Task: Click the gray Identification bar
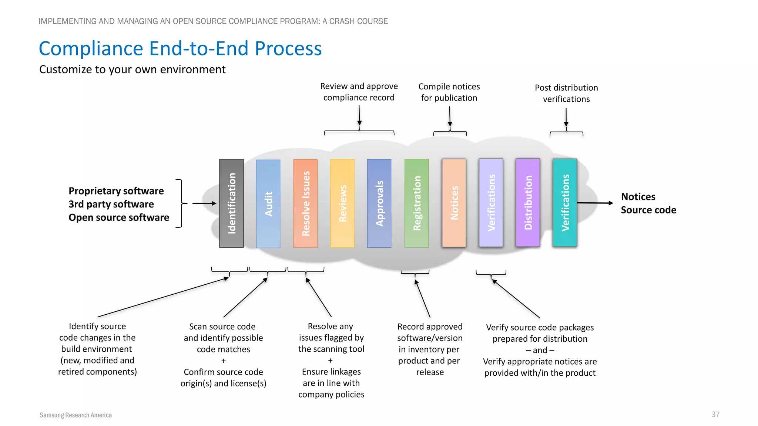(x=231, y=203)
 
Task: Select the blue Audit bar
(x=268, y=204)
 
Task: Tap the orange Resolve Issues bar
(x=305, y=203)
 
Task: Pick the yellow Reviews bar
(x=342, y=203)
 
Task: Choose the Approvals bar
(x=379, y=203)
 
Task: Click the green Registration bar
(x=417, y=203)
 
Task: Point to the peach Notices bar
(x=454, y=203)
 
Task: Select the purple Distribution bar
(x=528, y=203)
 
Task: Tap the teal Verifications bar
(x=565, y=203)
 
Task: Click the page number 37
(x=715, y=415)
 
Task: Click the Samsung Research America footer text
(x=76, y=415)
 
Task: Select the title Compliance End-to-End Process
(x=180, y=48)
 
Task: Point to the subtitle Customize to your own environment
(x=132, y=70)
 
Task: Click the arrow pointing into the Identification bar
(x=204, y=203)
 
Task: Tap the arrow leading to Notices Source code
(x=595, y=203)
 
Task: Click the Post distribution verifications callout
(x=566, y=93)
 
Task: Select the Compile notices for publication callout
(x=449, y=92)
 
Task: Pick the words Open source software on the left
(x=119, y=217)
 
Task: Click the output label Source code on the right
(x=648, y=210)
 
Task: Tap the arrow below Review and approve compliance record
(x=359, y=116)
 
